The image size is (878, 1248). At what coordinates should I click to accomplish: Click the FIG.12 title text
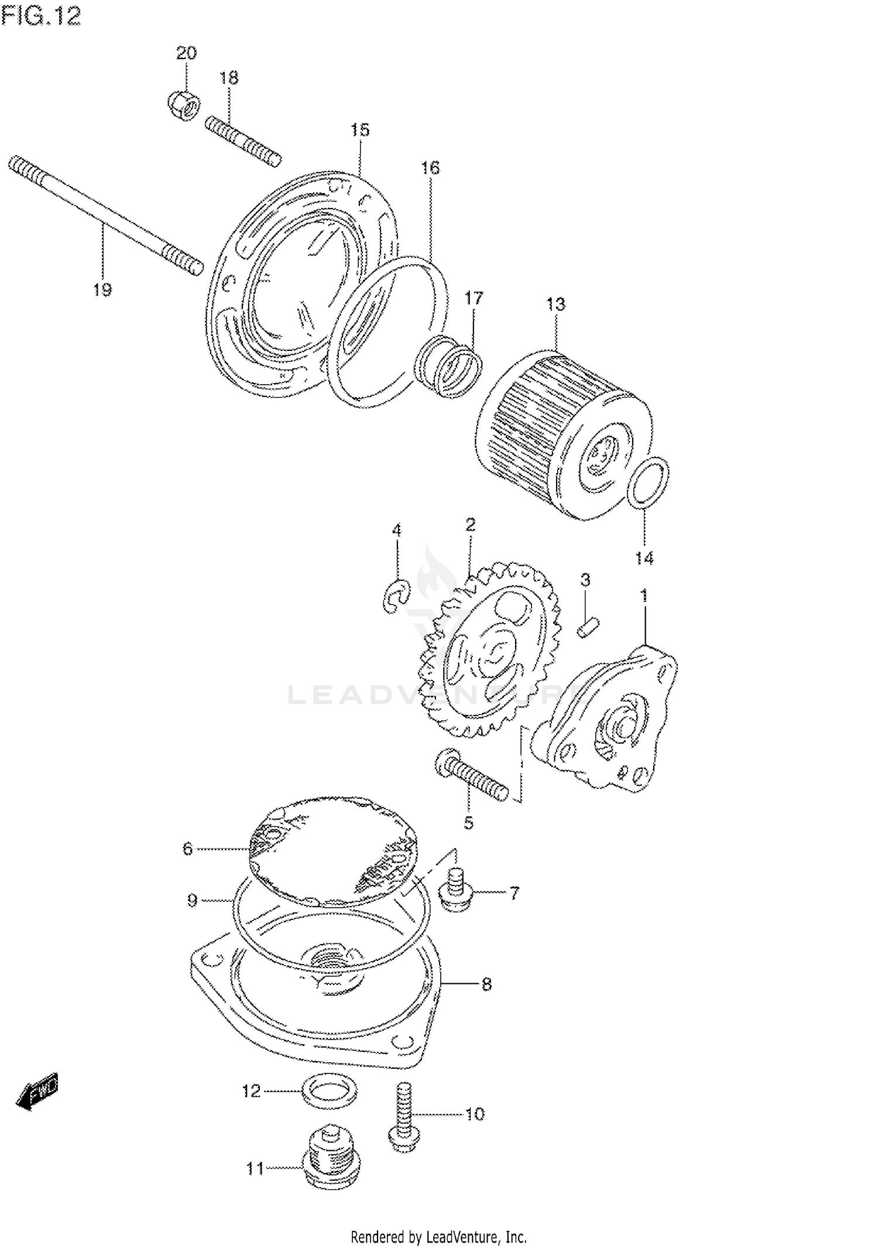(41, 16)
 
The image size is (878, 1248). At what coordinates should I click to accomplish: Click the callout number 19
(102, 289)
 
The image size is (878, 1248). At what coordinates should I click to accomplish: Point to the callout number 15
(361, 130)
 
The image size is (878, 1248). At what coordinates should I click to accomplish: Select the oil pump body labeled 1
(609, 720)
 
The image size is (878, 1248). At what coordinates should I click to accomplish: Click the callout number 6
(188, 849)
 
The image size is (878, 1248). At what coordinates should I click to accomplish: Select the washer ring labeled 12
(330, 1091)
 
